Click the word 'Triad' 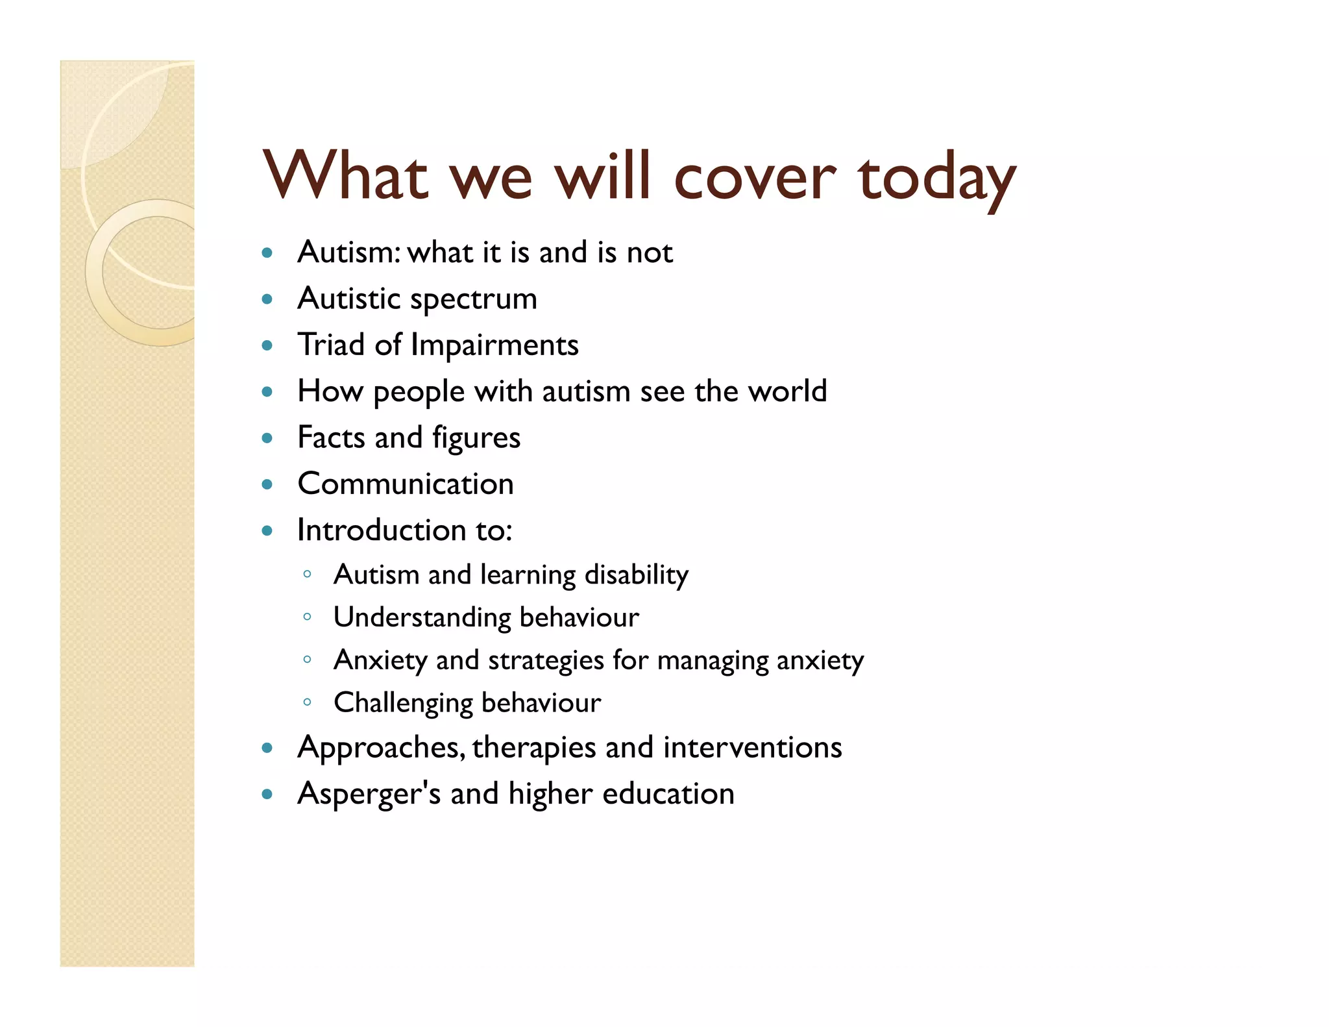tap(330, 345)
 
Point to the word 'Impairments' tap(494, 345)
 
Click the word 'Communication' tap(406, 484)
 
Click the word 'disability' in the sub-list tap(636, 575)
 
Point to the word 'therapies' tap(533, 749)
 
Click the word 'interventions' tap(752, 747)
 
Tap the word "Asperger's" tap(369, 794)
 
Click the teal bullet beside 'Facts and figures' tap(267, 438)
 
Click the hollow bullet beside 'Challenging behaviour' tap(307, 702)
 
